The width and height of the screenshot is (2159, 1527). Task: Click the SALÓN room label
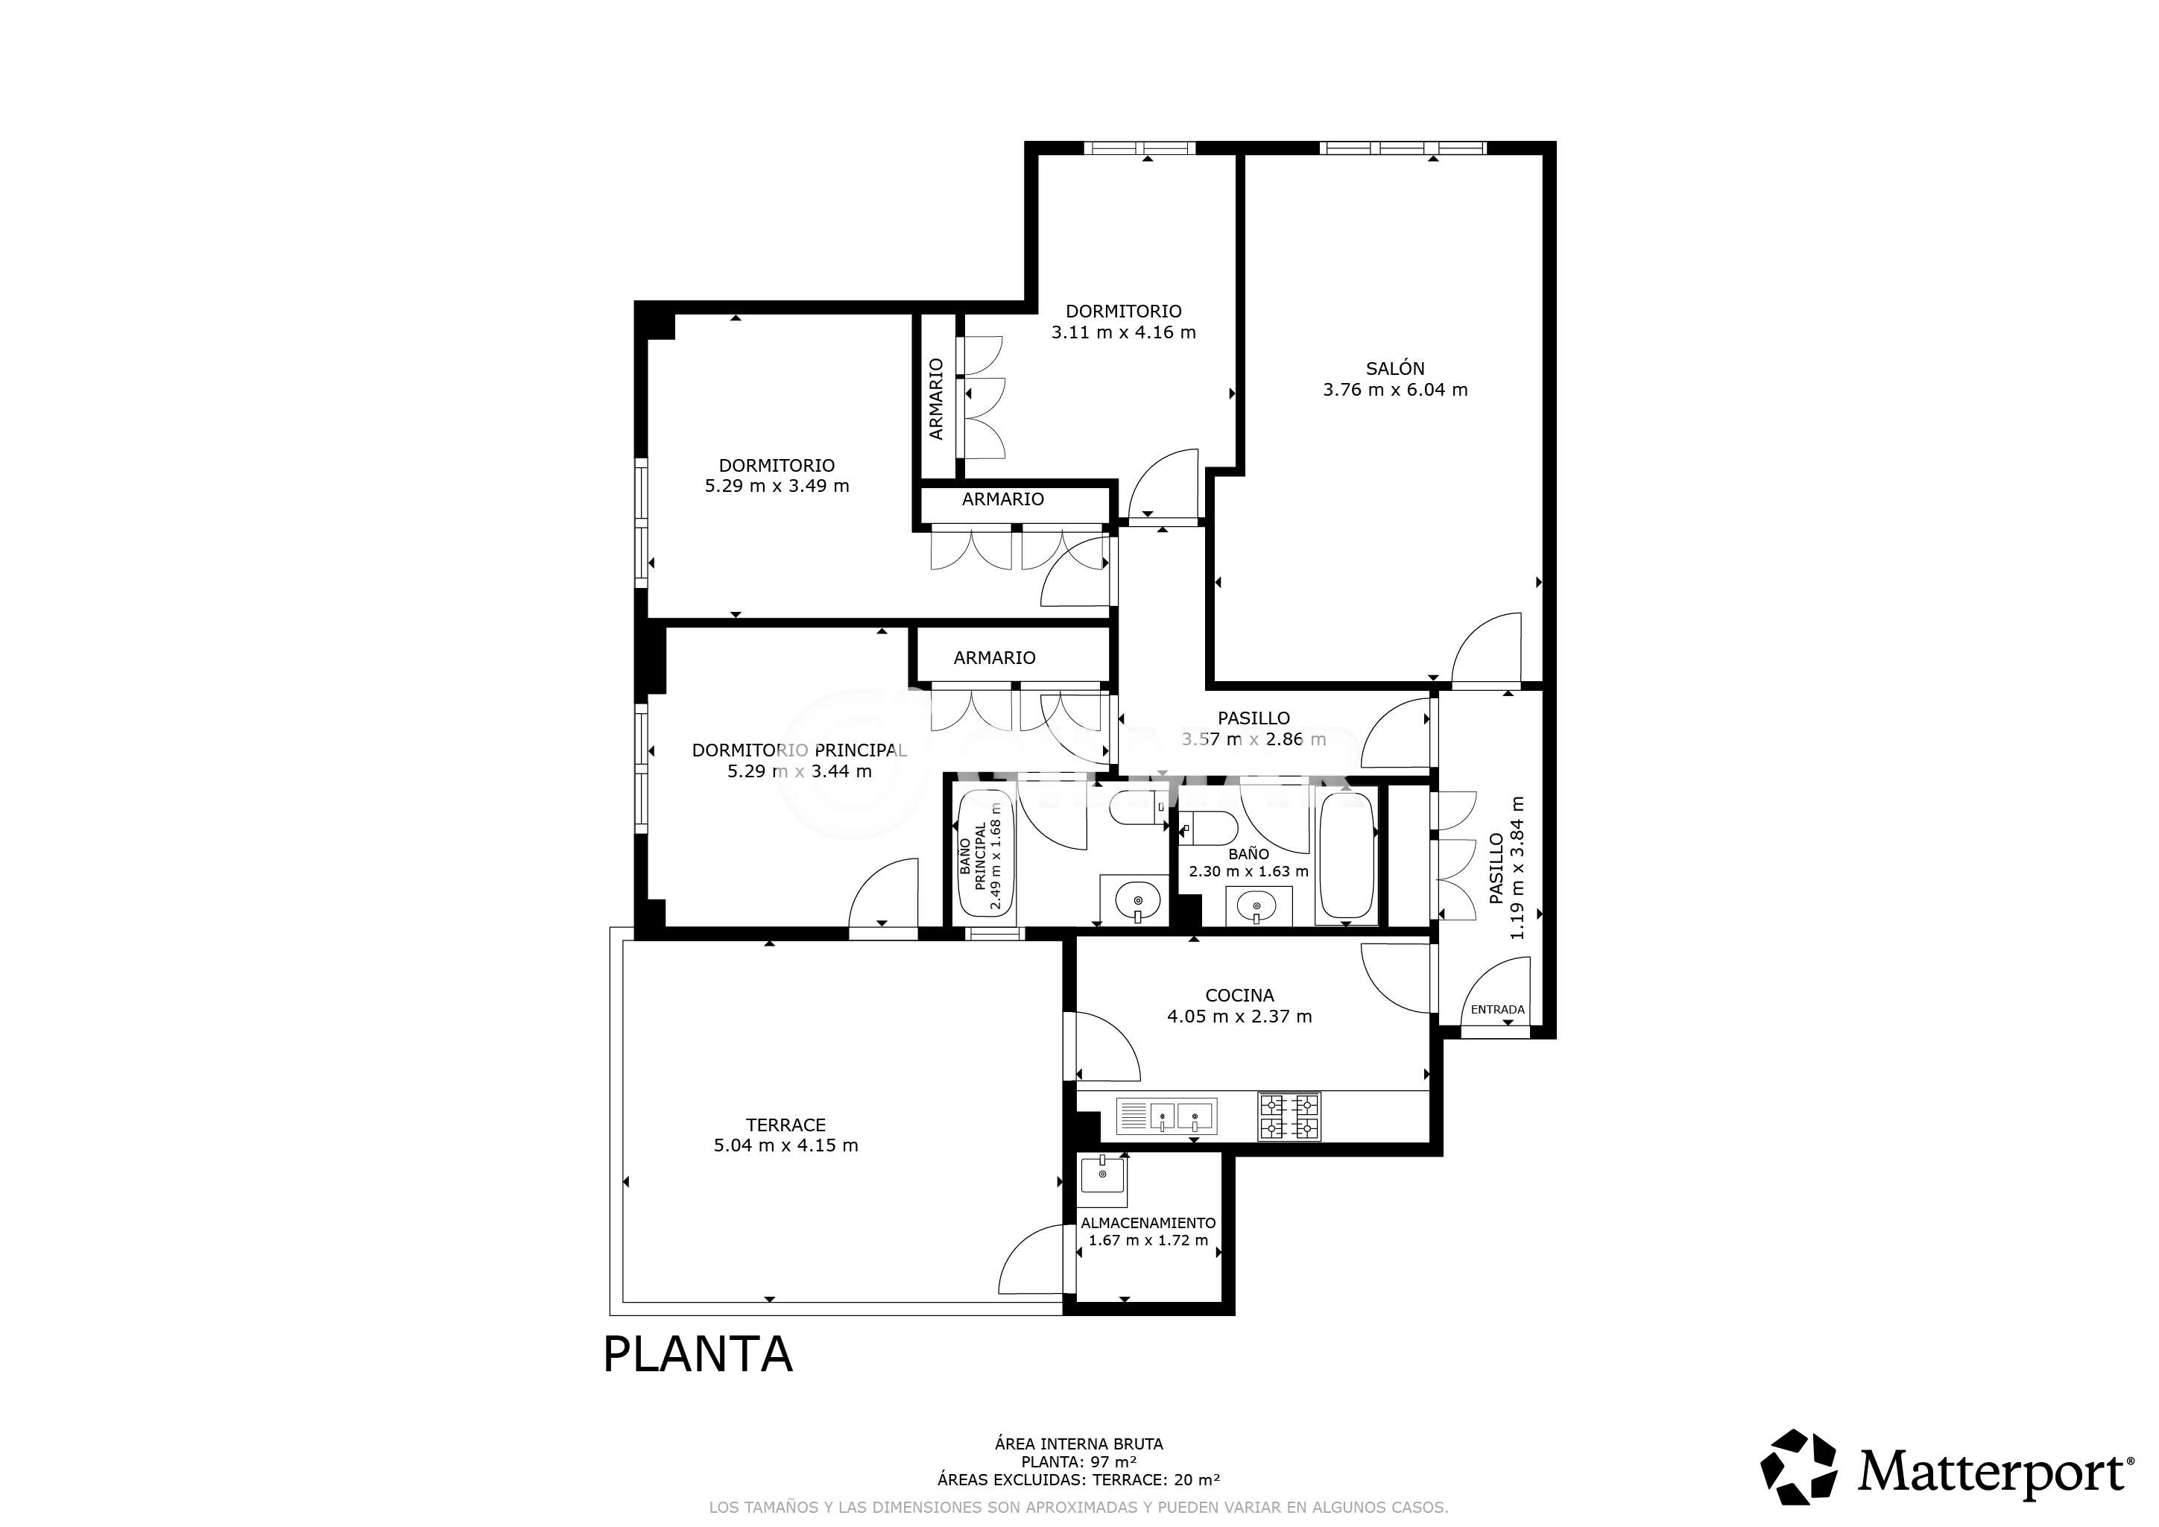1394,369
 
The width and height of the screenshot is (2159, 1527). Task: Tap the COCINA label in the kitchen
1239,995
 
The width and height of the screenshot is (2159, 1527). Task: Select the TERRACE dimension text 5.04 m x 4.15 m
785,1145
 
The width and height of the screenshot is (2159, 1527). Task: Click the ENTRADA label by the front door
1497,1010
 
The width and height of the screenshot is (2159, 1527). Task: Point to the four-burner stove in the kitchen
1289,1116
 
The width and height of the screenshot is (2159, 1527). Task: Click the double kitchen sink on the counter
1166,1116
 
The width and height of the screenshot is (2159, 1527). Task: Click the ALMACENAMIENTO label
1148,1223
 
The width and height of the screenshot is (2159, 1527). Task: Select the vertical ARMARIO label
935,399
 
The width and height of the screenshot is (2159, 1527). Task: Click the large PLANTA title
697,1355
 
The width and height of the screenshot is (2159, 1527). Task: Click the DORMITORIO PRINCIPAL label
799,750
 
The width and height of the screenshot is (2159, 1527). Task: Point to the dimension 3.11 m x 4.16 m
1123,332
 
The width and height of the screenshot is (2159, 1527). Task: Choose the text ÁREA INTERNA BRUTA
1078,1444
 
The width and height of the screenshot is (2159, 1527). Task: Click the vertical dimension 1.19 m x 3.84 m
1517,868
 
